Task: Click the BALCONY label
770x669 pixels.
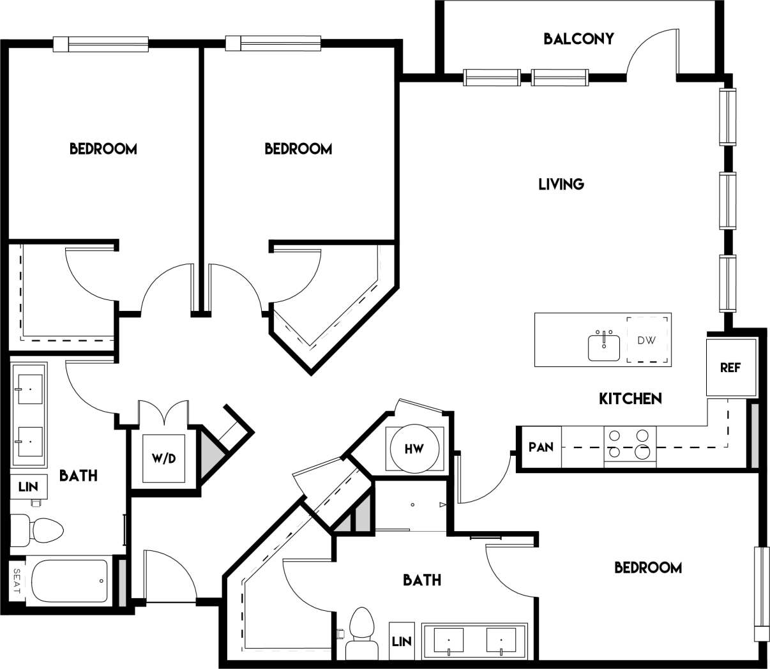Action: click(x=578, y=39)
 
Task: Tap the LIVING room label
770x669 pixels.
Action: click(x=561, y=184)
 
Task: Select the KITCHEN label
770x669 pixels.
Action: click(x=630, y=398)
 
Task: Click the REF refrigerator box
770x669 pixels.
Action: click(x=730, y=368)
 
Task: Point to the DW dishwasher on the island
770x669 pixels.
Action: click(x=646, y=340)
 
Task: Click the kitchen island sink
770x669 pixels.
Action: click(x=604, y=346)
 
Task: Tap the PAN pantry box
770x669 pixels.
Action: click(x=540, y=447)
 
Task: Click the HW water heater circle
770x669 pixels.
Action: click(x=414, y=449)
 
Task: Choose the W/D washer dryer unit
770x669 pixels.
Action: click(x=163, y=458)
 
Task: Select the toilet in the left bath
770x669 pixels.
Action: click(x=38, y=530)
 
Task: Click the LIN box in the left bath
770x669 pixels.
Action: click(x=28, y=486)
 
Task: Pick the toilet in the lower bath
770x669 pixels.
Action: click(x=361, y=633)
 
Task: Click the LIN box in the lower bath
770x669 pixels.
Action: click(x=402, y=641)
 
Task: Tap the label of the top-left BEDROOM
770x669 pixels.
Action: click(x=103, y=149)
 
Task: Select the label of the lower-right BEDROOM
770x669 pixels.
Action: click(x=647, y=568)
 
